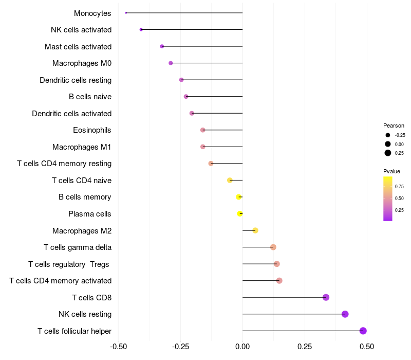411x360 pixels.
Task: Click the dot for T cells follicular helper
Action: pos(363,331)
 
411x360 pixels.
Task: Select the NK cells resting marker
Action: pos(345,314)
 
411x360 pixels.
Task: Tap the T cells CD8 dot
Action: pos(326,297)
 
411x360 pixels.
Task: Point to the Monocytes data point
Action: pos(126,13)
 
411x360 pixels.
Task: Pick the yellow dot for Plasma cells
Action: pos(240,213)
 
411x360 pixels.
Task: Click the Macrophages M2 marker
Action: pos(255,230)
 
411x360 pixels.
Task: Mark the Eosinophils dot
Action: pos(202,130)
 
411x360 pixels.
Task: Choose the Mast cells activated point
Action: pos(162,46)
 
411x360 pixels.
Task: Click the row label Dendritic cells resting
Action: pos(76,80)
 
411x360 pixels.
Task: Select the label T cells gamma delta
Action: pos(78,247)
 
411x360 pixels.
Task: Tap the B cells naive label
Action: pos(90,97)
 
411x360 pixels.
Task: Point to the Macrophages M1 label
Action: pos(82,147)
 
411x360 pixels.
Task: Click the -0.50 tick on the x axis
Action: pos(118,346)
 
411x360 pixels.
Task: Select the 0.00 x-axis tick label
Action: pos(242,346)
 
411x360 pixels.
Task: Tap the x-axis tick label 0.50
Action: pos(367,346)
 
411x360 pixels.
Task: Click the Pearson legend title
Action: pos(394,125)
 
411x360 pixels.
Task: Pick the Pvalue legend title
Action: pos(391,171)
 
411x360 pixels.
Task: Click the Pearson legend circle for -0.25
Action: pos(388,135)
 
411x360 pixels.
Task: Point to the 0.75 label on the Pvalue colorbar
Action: pos(399,186)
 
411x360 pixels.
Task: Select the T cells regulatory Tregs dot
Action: pos(276,264)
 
